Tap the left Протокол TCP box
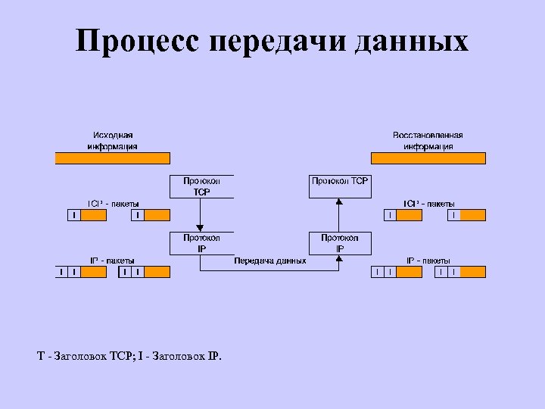[201, 186]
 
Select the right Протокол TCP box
[340, 186]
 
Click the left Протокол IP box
[201, 242]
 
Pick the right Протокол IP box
[340, 242]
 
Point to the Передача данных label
[270, 261]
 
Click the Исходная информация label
[112, 141]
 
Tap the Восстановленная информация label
[428, 141]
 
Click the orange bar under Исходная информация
[112, 158]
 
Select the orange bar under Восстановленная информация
[428, 158]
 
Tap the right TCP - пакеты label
[428, 204]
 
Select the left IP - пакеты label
[112, 260]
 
